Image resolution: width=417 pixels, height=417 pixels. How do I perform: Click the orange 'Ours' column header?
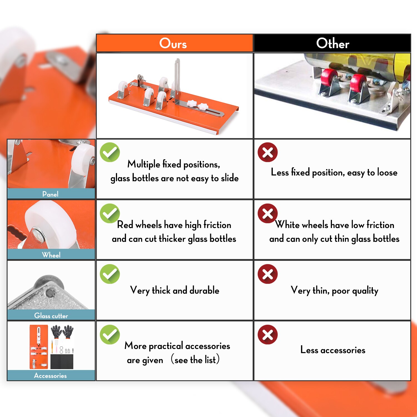(175, 43)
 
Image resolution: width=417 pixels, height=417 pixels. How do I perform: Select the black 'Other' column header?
(332, 43)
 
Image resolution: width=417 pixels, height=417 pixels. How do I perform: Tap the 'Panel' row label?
(51, 194)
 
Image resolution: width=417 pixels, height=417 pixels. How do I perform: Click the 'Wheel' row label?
(51, 254)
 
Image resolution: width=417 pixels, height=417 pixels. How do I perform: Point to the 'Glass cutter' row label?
(51, 315)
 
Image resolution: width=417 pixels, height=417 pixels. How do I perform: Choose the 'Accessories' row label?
(51, 375)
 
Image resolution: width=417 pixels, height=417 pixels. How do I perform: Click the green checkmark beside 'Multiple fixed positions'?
(110, 152)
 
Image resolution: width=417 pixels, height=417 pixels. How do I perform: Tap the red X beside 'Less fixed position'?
(268, 152)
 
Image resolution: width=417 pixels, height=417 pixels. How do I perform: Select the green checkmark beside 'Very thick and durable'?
(110, 274)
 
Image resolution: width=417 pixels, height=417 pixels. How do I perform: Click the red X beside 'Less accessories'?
(268, 334)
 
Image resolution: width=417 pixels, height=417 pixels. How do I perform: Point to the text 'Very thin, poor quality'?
(334, 291)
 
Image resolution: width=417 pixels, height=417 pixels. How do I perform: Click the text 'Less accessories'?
(333, 350)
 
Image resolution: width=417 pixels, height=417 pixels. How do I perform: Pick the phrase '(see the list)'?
(195, 359)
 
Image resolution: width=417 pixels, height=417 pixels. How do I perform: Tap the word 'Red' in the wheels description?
(125, 225)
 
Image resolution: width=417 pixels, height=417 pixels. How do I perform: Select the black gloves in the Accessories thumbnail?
(62, 332)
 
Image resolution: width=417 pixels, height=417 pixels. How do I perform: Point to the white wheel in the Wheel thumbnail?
(51, 224)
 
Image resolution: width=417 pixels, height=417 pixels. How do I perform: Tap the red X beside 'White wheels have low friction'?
(268, 213)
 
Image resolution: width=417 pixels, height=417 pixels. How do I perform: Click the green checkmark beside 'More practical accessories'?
(110, 334)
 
